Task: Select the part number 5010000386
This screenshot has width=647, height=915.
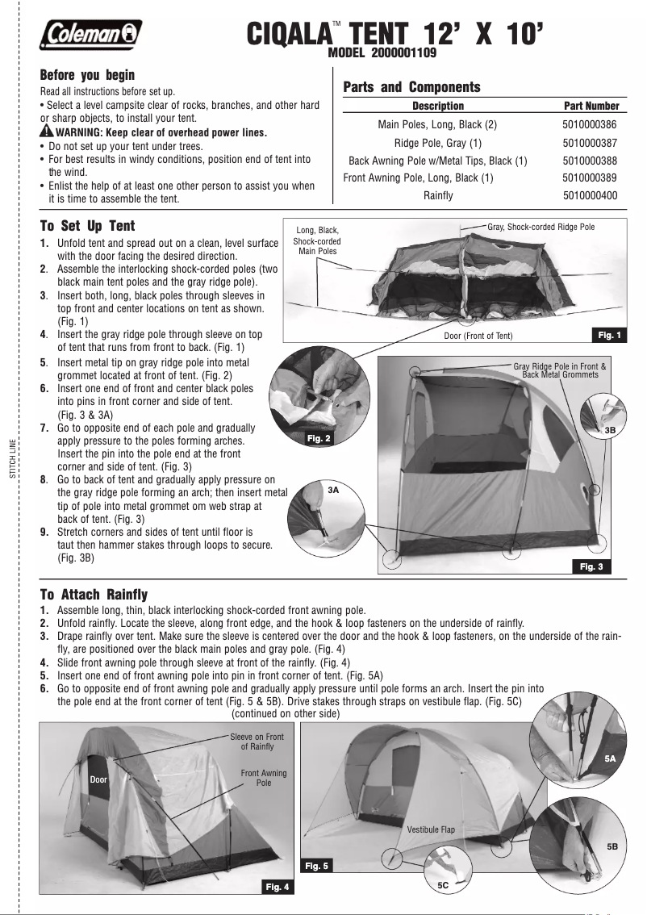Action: coord(589,125)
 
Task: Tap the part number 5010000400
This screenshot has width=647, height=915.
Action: coord(589,195)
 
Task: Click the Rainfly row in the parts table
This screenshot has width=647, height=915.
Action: coord(438,195)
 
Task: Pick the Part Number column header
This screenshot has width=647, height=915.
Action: coord(591,106)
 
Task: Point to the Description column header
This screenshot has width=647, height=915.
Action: coord(438,106)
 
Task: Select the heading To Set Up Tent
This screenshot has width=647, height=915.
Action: coord(88,226)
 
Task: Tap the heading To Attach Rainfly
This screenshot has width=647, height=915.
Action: coord(94,595)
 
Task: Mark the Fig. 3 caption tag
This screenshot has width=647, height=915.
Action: coord(591,566)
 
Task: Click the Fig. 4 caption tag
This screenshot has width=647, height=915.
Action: coord(277,888)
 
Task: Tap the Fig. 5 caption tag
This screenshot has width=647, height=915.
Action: coord(316,866)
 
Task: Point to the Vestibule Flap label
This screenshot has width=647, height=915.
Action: coord(431,829)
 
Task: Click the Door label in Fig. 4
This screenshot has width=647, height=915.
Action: coord(98,780)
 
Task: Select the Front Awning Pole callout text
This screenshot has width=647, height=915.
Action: coord(264,778)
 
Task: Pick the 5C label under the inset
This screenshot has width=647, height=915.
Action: coord(443,885)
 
